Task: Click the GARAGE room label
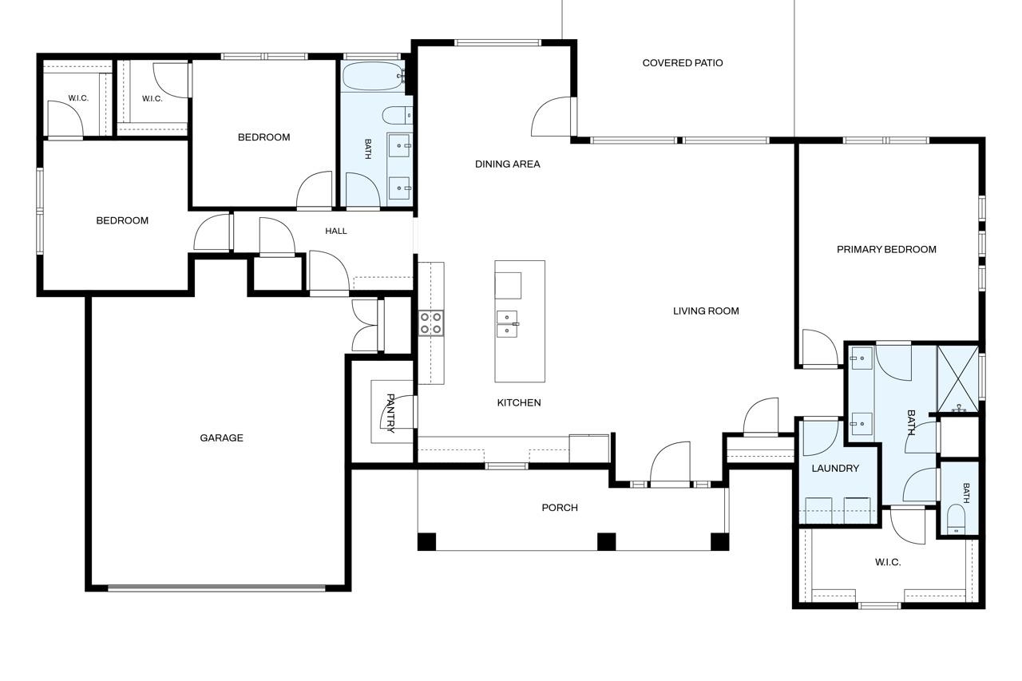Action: pos(221,438)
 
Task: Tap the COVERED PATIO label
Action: pos(683,63)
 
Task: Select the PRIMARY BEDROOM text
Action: pos(886,250)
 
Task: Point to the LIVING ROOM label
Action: pos(706,311)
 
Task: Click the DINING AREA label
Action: pos(507,164)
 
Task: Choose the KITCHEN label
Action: pos(519,402)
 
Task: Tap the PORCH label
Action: pos(560,508)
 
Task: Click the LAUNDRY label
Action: pos(835,469)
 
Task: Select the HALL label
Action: pos(336,232)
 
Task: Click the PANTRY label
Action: pos(390,413)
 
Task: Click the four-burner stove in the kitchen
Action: pos(431,323)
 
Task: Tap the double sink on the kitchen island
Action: pos(507,324)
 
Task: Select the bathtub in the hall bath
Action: pos(372,76)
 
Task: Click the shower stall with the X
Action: pos(957,379)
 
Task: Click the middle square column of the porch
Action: pos(606,542)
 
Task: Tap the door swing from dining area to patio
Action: pos(551,116)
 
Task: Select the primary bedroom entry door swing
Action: pos(820,347)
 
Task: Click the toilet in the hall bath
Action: pos(397,116)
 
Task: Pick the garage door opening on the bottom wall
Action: pos(216,588)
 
